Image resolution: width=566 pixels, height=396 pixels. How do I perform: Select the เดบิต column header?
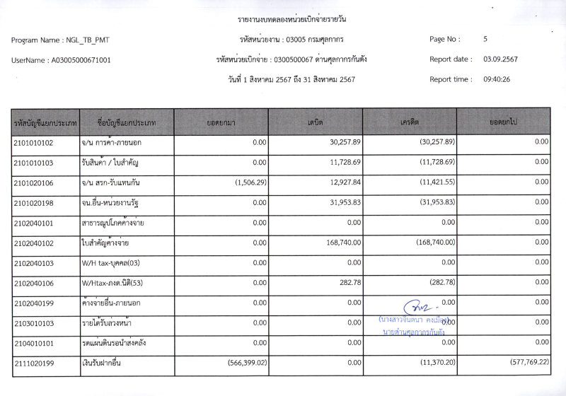click(316, 122)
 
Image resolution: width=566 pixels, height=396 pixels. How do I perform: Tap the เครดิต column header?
click(409, 122)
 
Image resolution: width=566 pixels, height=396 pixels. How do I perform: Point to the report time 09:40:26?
click(496, 79)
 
